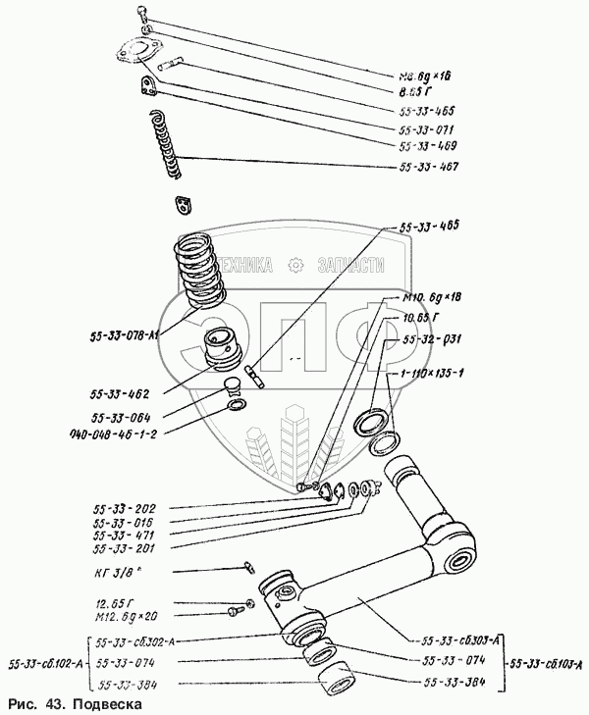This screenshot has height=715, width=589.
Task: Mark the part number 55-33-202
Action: (124, 509)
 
